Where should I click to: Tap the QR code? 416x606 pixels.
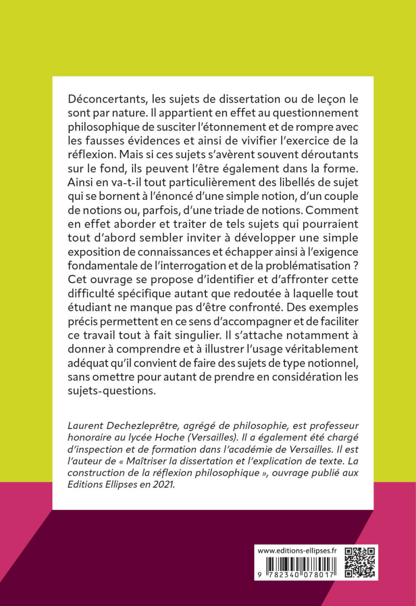360,562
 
